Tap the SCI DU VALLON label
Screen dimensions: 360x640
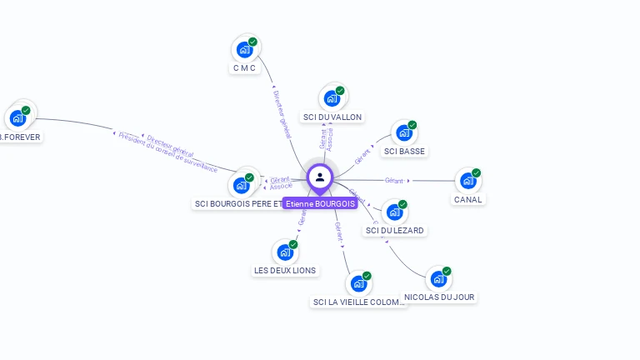pyautogui.click(x=332, y=117)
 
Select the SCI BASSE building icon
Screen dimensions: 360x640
pyautogui.click(x=404, y=133)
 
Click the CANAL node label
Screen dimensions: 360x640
pyautogui.click(x=468, y=200)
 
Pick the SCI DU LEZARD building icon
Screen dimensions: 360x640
pyautogui.click(x=393, y=212)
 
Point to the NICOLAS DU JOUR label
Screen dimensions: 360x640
pyautogui.click(x=440, y=297)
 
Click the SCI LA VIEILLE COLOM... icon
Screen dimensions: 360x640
pyautogui.click(x=358, y=284)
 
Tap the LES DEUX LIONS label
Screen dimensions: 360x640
pyautogui.click(x=285, y=271)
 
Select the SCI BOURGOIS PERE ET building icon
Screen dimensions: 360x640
pyautogui.click(x=242, y=186)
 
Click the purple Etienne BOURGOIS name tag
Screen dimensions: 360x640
pyautogui.click(x=319, y=203)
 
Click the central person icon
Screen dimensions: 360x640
pyautogui.click(x=319, y=177)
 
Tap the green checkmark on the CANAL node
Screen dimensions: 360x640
pyautogui.click(x=477, y=173)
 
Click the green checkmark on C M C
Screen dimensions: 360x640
pyautogui.click(x=252, y=42)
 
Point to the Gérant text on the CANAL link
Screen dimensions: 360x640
pyautogui.click(x=394, y=180)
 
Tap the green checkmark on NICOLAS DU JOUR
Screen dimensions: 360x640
pyautogui.click(x=447, y=271)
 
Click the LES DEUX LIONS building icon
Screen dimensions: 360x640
pyautogui.click(x=285, y=252)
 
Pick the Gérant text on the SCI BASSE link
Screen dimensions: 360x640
pyautogui.click(x=362, y=157)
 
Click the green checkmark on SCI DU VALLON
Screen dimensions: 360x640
pyautogui.click(x=340, y=90)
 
